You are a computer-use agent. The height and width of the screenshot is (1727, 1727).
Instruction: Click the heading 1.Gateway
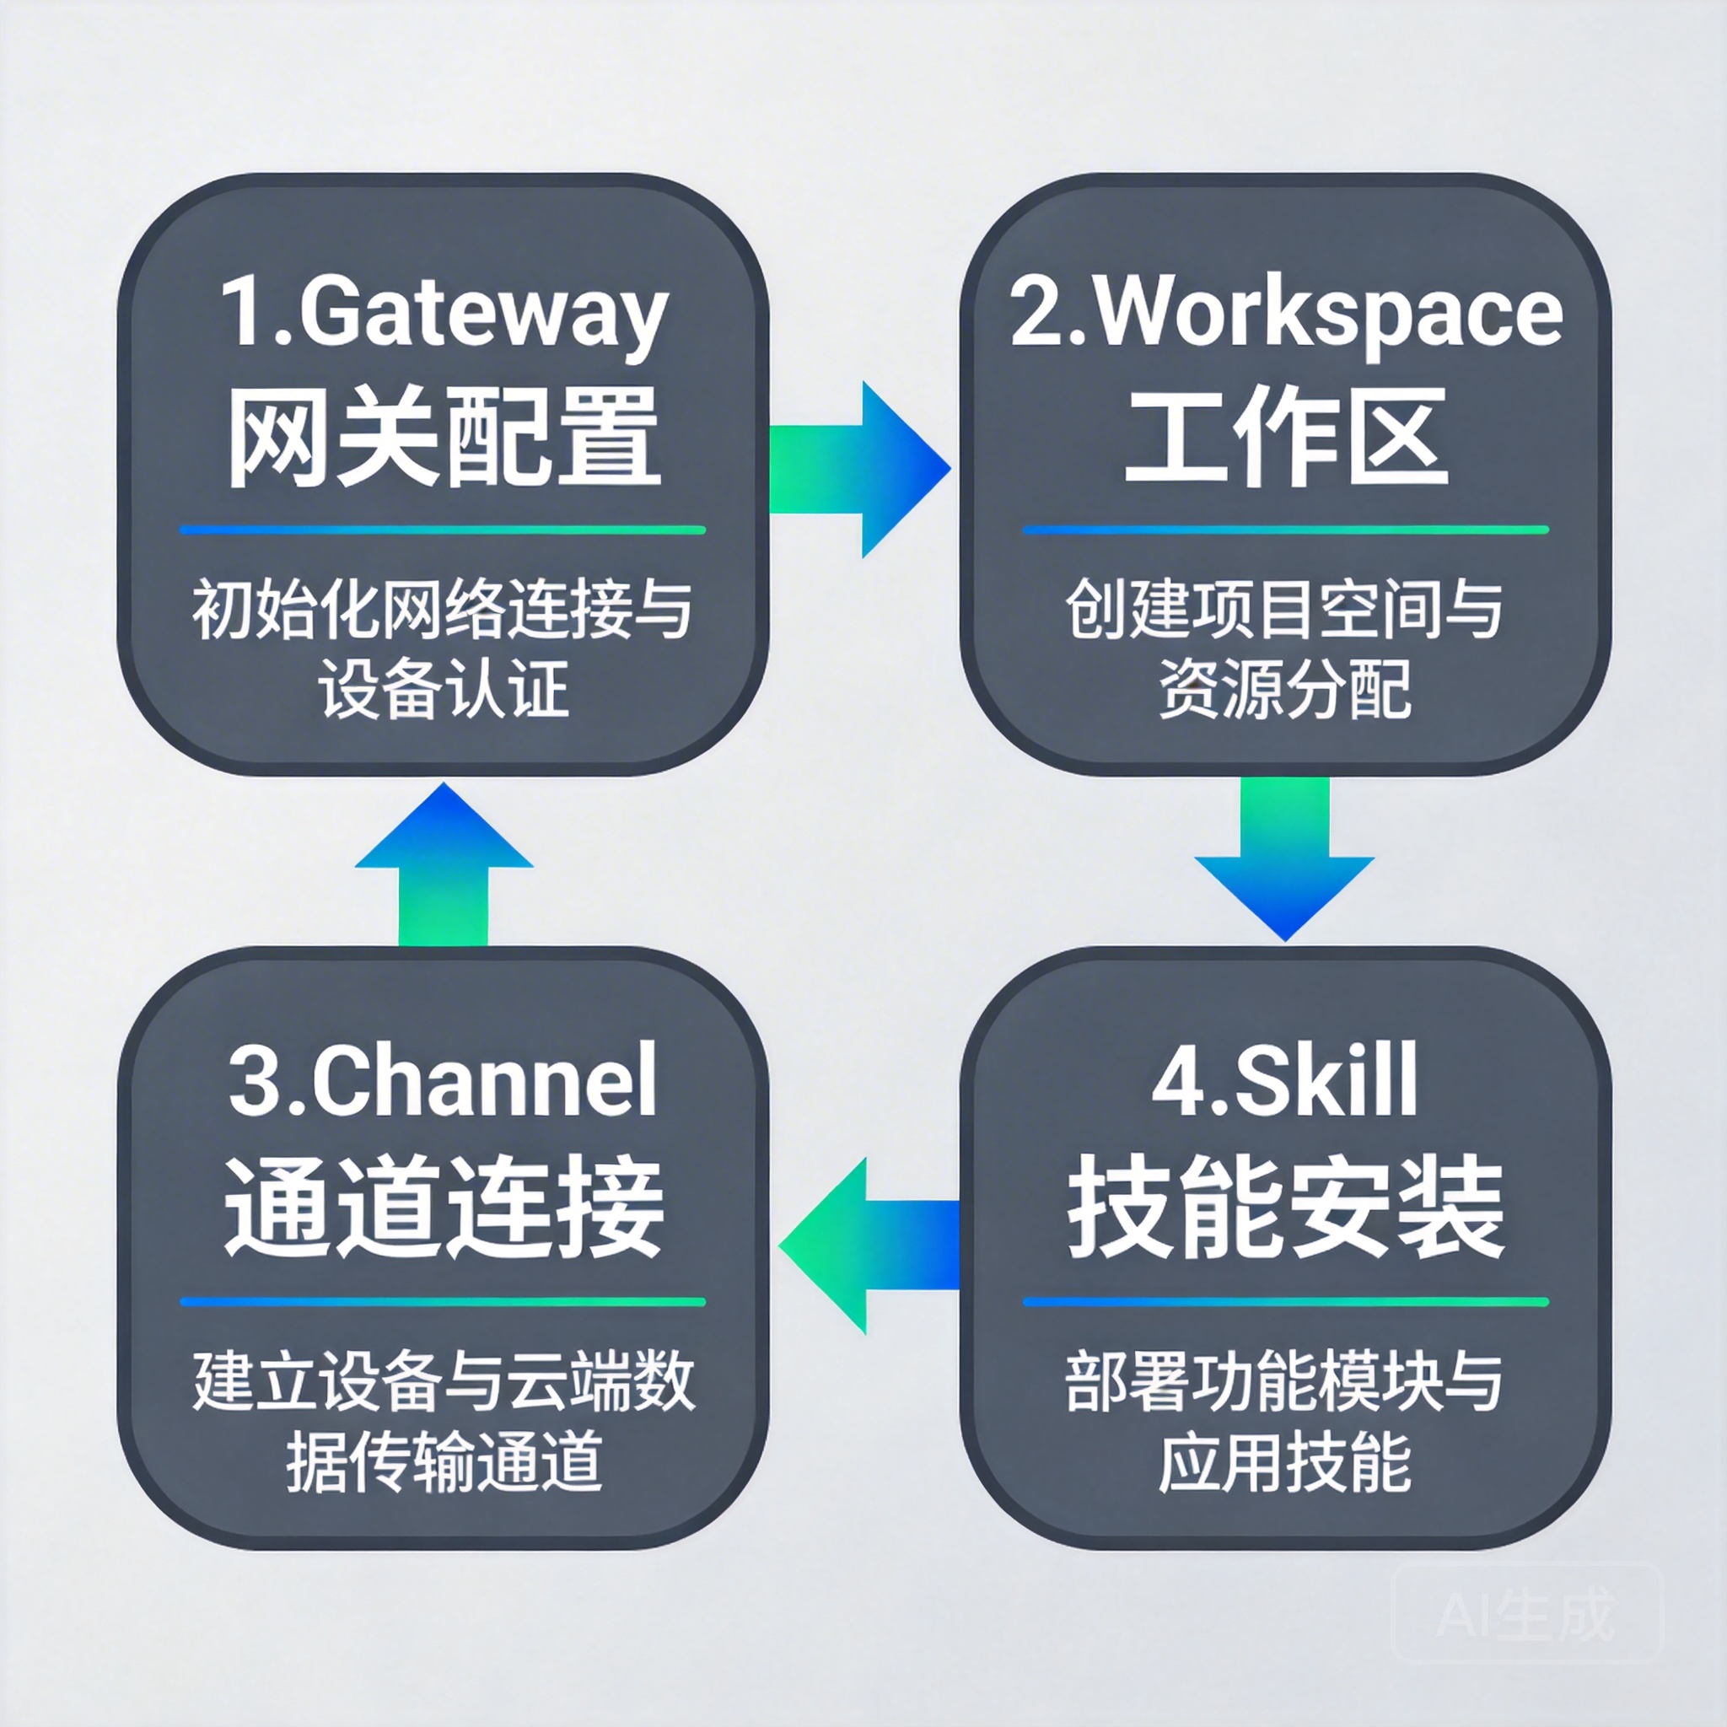(444, 315)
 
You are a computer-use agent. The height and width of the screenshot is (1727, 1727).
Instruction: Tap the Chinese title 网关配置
(444, 438)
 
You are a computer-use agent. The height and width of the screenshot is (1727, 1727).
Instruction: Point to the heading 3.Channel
(444, 1082)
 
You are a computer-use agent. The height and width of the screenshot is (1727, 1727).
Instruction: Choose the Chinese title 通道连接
(444, 1207)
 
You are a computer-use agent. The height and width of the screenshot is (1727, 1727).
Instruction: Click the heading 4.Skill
(1285, 1082)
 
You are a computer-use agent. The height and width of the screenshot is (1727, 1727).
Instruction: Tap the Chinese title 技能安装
(1285, 1207)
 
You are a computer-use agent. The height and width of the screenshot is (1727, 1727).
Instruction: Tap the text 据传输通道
(444, 1462)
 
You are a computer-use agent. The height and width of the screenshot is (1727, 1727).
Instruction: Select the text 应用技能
(1285, 1462)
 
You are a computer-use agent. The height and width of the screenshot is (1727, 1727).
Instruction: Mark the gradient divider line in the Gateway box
(443, 530)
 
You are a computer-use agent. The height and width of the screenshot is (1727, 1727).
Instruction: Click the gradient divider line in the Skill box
(1285, 1301)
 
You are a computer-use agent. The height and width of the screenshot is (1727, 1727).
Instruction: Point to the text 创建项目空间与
(1285, 611)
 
